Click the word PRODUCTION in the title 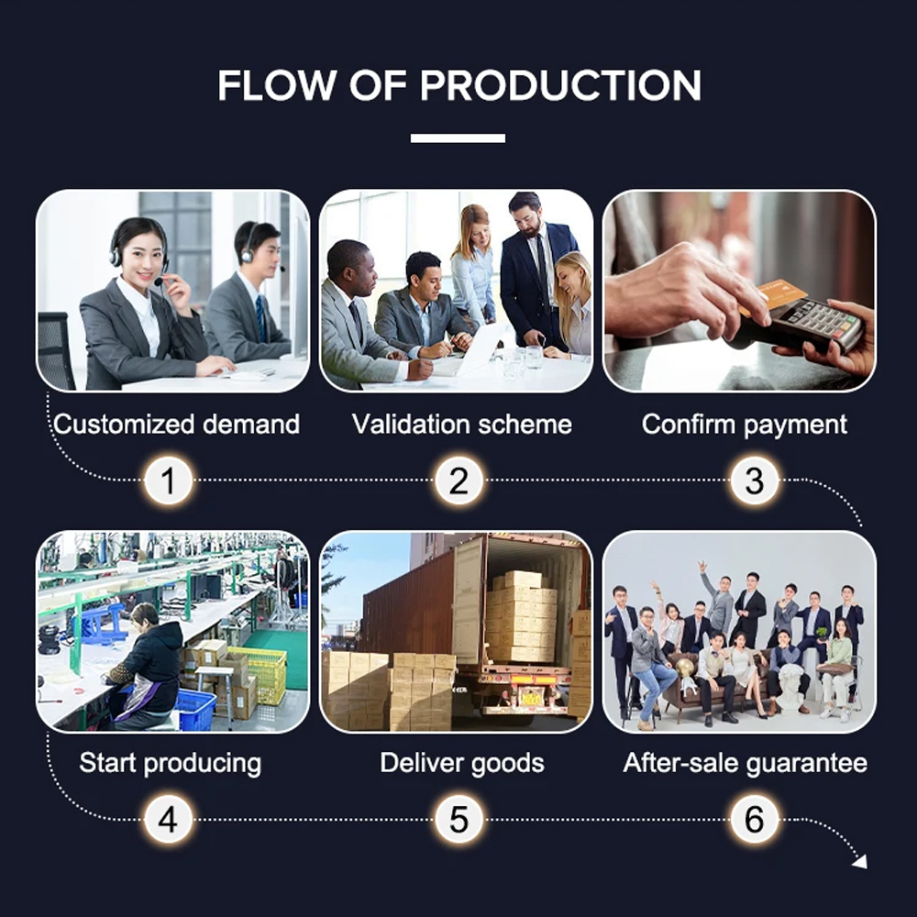coord(560,85)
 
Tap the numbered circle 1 coord(169,481)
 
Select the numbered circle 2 coord(459,481)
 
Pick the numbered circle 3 coord(755,481)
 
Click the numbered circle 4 coord(169,819)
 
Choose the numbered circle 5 coord(459,819)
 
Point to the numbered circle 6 coord(755,819)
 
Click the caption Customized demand coord(177,424)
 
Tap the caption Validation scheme coord(461,424)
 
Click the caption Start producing coord(171,764)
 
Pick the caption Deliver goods coord(462,764)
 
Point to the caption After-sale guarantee coord(745,764)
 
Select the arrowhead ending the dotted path coord(860,861)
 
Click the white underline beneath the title coord(458,138)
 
